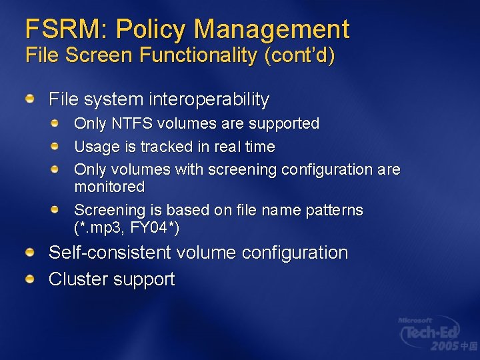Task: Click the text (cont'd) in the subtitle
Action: coord(299,55)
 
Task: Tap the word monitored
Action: coord(109,187)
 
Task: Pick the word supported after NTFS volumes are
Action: coord(283,124)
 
